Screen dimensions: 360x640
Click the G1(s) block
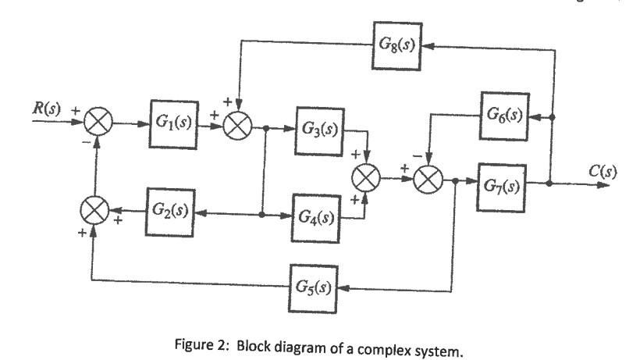pos(174,123)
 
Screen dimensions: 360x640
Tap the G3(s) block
pos(318,129)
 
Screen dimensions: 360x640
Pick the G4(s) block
pos(317,214)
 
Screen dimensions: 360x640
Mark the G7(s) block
pos(502,185)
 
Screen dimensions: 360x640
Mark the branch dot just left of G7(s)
pos(455,181)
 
